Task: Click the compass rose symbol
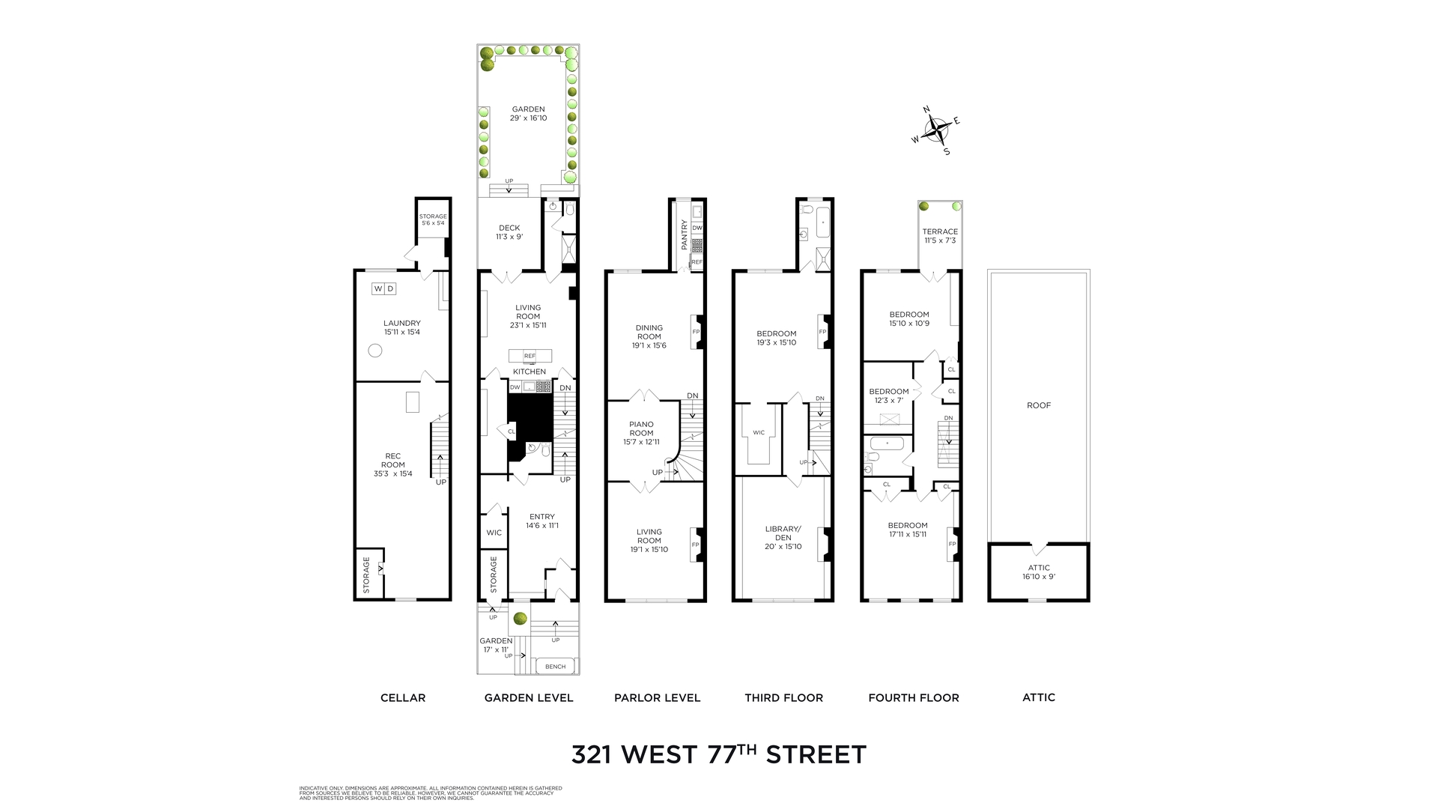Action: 936,131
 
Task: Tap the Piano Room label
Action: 641,433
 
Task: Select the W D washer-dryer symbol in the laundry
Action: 383,288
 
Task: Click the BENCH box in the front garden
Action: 555,666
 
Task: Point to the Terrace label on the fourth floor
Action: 940,236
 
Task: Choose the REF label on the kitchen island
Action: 530,356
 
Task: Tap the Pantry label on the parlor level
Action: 684,234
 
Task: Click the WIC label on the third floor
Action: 759,432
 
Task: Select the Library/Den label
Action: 783,537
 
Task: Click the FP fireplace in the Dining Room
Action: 695,331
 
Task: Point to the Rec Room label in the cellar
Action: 392,464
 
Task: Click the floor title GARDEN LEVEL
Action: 529,697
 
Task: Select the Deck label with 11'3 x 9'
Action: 509,232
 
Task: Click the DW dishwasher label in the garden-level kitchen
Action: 515,387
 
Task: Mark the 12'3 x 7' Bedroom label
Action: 888,396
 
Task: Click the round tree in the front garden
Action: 520,619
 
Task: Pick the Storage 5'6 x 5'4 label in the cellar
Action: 433,219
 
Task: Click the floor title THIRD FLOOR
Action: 783,697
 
